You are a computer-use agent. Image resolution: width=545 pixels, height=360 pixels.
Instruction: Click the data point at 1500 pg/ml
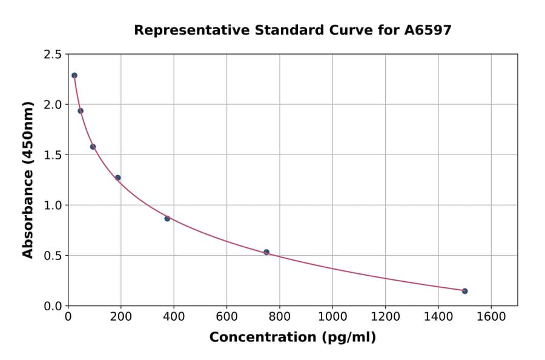pyautogui.click(x=464, y=291)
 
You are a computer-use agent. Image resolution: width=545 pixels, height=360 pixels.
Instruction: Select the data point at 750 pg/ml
pyautogui.click(x=266, y=252)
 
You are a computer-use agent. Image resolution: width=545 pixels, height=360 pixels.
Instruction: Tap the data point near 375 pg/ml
pyautogui.click(x=167, y=218)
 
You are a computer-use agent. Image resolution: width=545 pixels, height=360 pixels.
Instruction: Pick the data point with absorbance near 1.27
pyautogui.click(x=117, y=178)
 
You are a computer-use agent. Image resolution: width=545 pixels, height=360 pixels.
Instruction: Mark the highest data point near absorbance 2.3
pyautogui.click(x=74, y=76)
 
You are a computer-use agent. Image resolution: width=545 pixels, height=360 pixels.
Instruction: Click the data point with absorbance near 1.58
pyautogui.click(x=93, y=147)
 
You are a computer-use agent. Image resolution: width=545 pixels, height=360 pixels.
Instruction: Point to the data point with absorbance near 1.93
pyautogui.click(x=81, y=111)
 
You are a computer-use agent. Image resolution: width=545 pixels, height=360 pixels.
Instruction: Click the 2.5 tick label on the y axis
pyautogui.click(x=53, y=55)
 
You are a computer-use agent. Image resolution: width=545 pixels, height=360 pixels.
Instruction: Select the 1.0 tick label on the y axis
pyautogui.click(x=53, y=205)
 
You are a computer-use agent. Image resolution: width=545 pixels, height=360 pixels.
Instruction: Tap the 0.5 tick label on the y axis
pyautogui.click(x=53, y=256)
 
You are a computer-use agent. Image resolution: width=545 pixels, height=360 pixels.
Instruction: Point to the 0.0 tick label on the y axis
pyautogui.click(x=53, y=306)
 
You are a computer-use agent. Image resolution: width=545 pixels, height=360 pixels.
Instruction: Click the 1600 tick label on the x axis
pyautogui.click(x=491, y=316)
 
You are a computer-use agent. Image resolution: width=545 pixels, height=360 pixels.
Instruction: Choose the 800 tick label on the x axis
pyautogui.click(x=280, y=316)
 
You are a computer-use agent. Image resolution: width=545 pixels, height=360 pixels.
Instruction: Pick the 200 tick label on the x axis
pyautogui.click(x=121, y=316)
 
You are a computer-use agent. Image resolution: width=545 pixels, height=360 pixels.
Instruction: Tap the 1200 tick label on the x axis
pyautogui.click(x=385, y=316)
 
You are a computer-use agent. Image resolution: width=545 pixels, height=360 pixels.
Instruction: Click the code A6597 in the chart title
pyautogui.click(x=428, y=30)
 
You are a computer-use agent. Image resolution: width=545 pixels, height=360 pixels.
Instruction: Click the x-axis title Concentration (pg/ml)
pyautogui.click(x=292, y=338)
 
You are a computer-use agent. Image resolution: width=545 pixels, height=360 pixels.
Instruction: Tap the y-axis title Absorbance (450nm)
pyautogui.click(x=28, y=179)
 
